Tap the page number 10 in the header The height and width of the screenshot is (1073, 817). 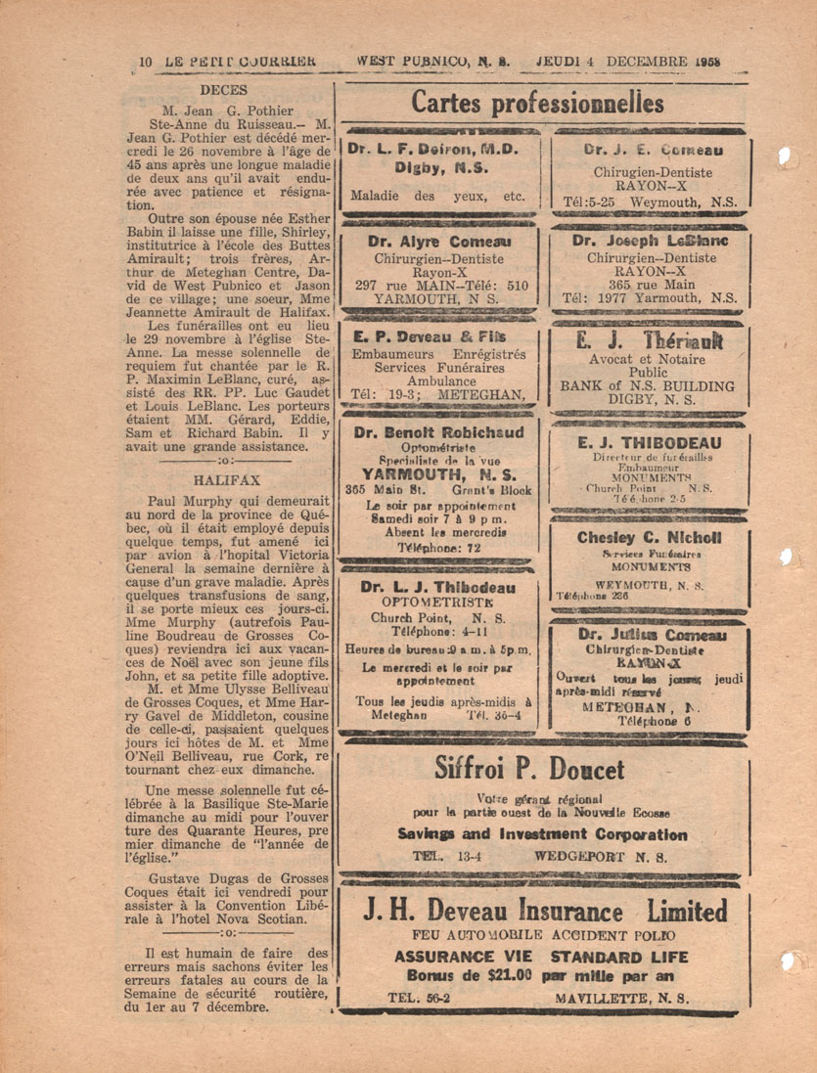tap(147, 60)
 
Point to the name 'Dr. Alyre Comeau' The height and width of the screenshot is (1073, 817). tap(437, 241)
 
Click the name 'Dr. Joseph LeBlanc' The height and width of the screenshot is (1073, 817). tap(644, 241)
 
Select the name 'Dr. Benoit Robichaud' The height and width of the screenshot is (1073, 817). tap(438, 431)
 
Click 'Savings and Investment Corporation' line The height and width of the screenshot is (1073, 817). tap(542, 834)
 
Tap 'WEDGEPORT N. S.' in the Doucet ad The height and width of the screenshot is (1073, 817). tap(602, 855)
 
